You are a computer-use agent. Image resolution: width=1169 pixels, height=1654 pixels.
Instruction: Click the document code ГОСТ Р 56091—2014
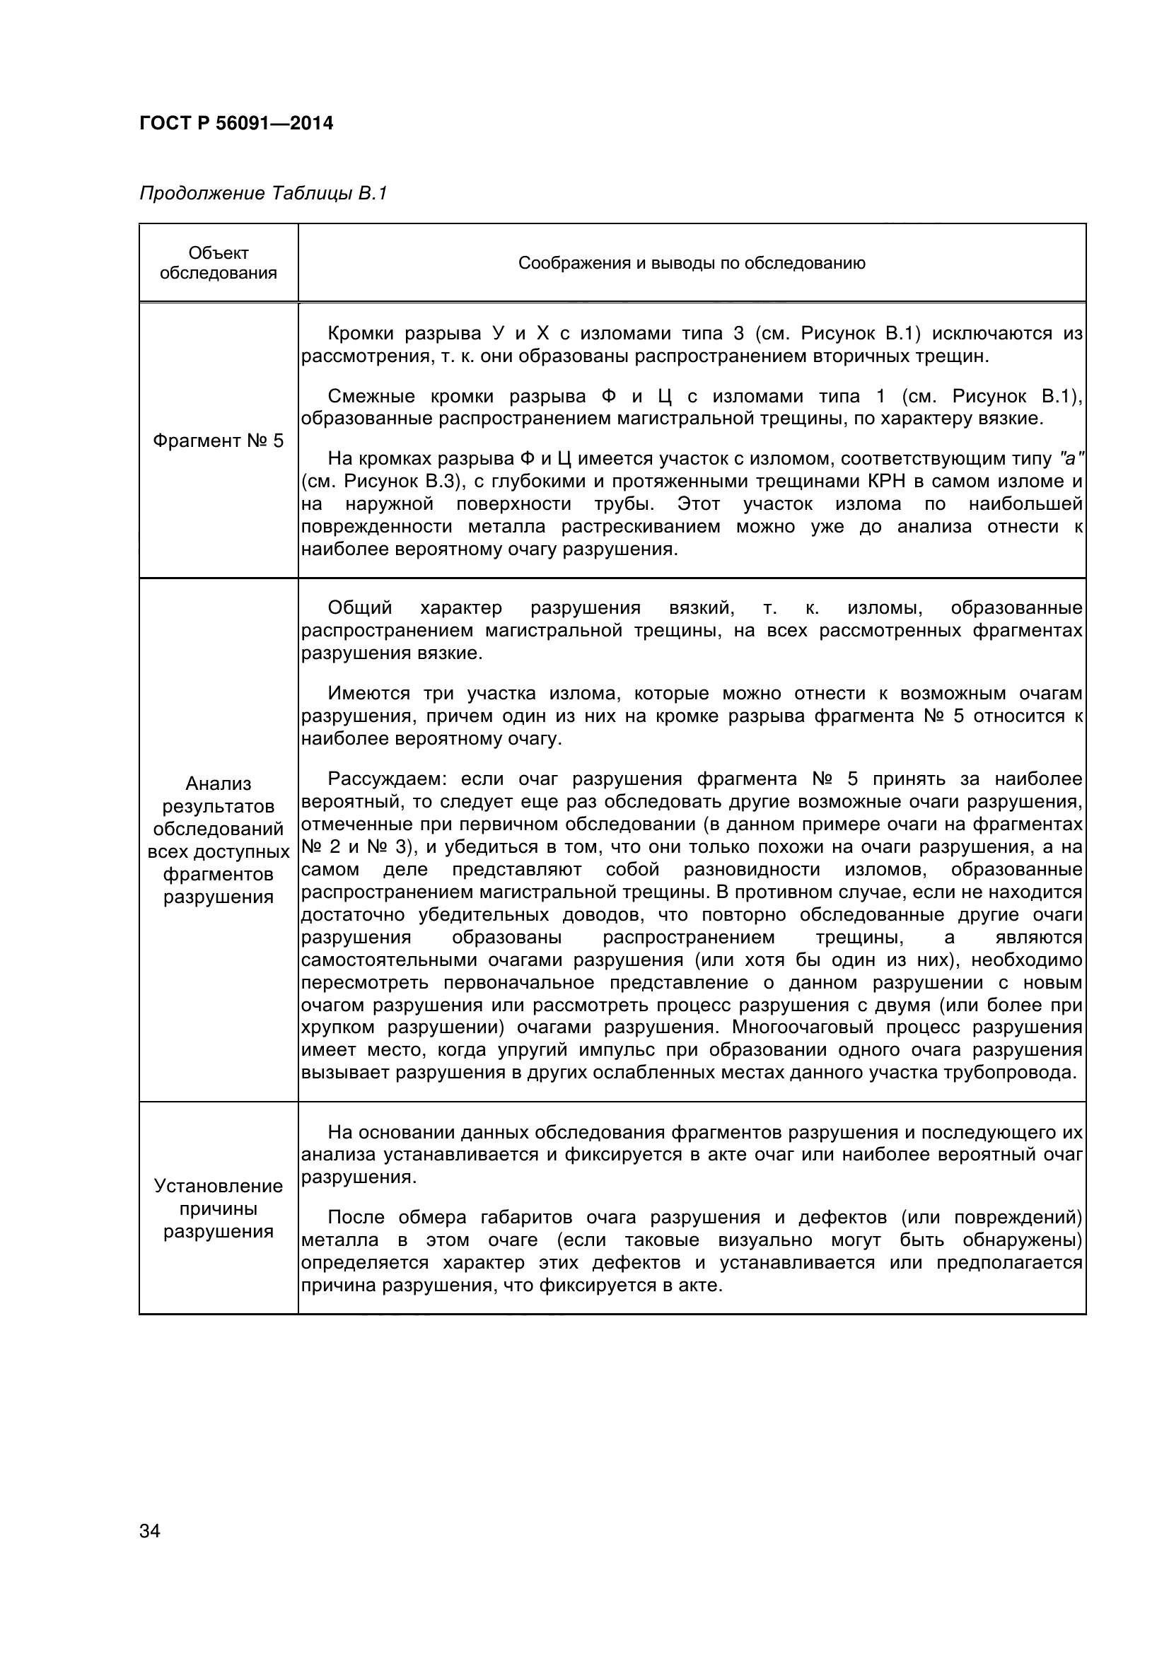tap(236, 124)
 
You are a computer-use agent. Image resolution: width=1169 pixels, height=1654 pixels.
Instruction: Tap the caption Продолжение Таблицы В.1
tap(263, 194)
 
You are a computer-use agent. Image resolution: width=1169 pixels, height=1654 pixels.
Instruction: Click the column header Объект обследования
tap(219, 263)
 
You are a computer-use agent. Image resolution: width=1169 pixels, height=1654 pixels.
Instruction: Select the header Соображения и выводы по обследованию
tap(692, 263)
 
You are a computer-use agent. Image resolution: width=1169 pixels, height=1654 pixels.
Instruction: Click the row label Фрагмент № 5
tap(219, 441)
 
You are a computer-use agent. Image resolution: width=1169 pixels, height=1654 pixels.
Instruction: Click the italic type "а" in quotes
tap(1071, 459)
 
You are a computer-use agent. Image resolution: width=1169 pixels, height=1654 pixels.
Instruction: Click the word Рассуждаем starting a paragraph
tap(388, 779)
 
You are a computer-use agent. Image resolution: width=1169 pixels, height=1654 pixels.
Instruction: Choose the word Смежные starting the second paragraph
tap(371, 396)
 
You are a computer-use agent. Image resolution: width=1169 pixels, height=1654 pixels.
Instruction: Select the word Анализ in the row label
tap(219, 784)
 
